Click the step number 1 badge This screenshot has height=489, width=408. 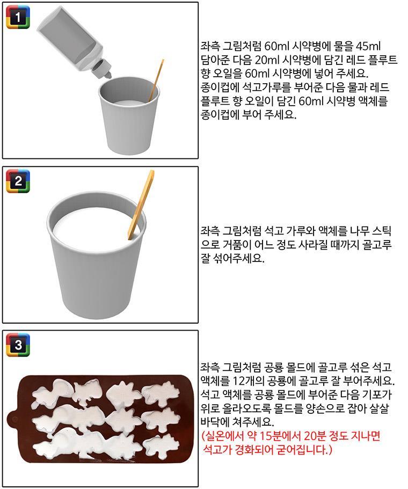[18, 17]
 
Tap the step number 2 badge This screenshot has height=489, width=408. [18, 181]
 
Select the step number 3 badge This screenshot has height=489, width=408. [18, 345]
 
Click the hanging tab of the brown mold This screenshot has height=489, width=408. [13, 419]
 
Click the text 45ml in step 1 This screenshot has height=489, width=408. [368, 46]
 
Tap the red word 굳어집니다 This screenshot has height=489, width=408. [304, 450]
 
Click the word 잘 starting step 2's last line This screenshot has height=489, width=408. [205, 259]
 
